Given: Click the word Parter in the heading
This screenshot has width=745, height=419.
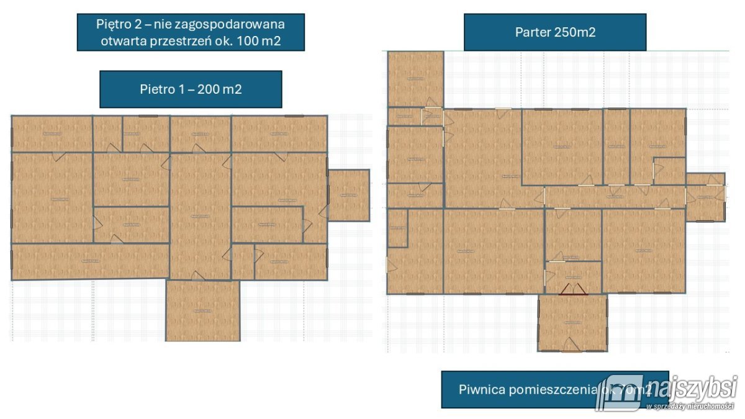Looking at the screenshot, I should click(531, 32).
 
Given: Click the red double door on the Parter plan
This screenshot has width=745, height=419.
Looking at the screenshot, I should click(573, 289).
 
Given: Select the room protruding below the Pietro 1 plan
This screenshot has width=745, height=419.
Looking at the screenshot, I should click(202, 310).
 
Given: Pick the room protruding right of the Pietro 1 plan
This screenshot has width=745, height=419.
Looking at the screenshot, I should click(348, 195).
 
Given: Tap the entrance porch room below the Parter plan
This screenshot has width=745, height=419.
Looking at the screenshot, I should click(572, 323).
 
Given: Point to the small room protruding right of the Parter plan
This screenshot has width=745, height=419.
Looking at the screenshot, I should click(706, 197).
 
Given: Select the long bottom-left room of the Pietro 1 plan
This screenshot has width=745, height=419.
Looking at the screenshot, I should click(90, 261).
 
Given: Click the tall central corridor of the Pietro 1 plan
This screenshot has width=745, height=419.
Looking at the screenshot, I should click(200, 216).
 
